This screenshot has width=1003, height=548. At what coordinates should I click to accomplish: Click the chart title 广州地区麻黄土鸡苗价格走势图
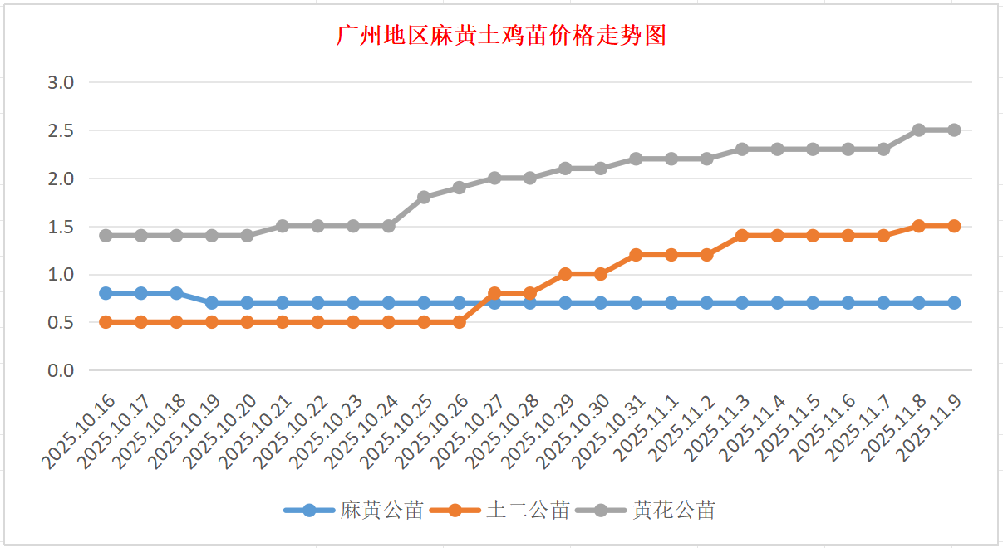tap(501, 36)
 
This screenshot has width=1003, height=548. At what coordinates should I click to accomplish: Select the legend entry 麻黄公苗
tap(381, 511)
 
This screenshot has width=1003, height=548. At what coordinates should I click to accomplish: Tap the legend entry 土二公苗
tap(527, 511)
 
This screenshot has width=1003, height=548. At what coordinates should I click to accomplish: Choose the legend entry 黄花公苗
tap(673, 511)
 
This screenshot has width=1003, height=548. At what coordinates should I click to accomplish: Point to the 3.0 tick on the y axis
tap(61, 82)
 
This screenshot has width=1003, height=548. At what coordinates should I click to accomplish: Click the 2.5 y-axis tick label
tap(61, 130)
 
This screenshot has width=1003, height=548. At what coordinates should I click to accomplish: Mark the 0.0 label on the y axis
tap(61, 370)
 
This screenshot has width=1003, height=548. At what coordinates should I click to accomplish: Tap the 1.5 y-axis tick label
tap(61, 227)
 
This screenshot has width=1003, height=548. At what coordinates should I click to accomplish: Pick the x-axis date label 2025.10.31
tap(611, 433)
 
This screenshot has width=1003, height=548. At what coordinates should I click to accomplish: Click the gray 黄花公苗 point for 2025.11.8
tap(919, 130)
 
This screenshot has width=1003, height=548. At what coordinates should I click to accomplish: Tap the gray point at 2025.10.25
tap(424, 198)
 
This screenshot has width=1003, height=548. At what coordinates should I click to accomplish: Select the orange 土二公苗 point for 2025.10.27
tap(494, 293)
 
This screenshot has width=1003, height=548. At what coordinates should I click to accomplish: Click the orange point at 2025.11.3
tap(742, 236)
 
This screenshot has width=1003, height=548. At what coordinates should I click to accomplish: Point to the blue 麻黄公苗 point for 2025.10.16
tap(106, 293)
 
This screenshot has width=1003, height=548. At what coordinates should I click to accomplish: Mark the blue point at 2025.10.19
tap(212, 303)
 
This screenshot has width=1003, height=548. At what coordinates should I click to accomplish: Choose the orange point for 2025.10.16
tap(106, 322)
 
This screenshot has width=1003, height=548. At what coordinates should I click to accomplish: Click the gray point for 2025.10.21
tap(283, 226)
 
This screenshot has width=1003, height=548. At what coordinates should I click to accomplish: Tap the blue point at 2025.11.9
tap(954, 303)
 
